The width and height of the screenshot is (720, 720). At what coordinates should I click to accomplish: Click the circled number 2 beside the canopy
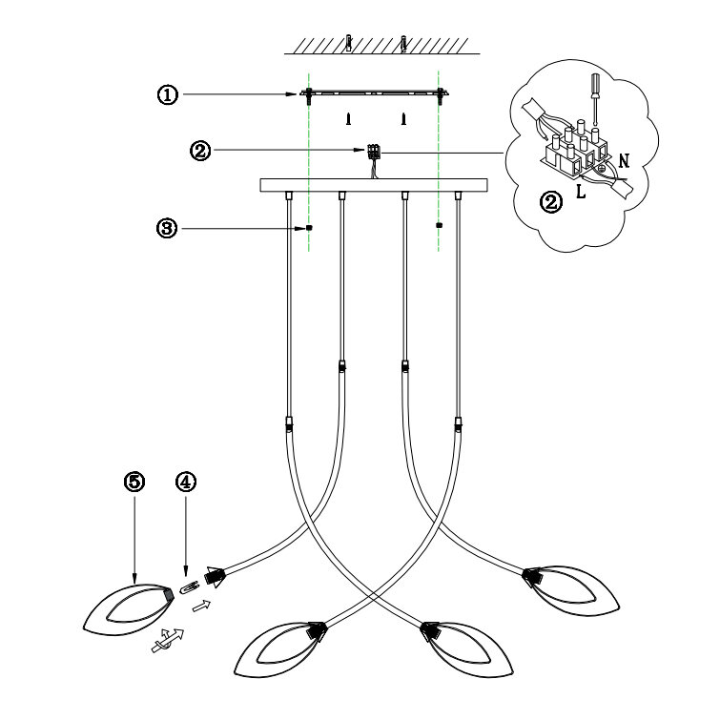pyautogui.click(x=201, y=152)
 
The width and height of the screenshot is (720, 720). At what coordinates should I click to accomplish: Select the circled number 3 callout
pyautogui.click(x=168, y=228)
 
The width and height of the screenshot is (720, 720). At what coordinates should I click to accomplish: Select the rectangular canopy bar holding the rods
pyautogui.click(x=373, y=183)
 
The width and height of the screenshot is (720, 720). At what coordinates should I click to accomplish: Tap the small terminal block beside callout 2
pyautogui.click(x=372, y=151)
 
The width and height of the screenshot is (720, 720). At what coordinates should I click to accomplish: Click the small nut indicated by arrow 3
pyautogui.click(x=311, y=228)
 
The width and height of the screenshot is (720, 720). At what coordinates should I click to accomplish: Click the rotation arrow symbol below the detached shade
pyautogui.click(x=164, y=640)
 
